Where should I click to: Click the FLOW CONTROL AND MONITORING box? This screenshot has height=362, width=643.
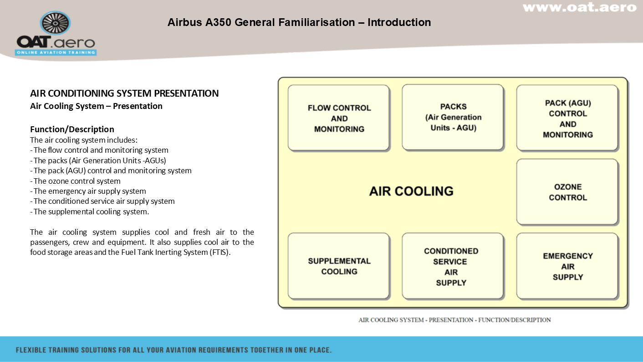[x=339, y=118]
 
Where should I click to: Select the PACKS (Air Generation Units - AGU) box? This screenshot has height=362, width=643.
[x=453, y=117]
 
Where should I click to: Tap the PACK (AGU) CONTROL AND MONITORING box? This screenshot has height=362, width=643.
[x=567, y=118]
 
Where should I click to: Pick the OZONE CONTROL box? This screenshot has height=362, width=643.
[x=567, y=192]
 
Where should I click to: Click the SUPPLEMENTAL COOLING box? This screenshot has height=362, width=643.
[x=339, y=266]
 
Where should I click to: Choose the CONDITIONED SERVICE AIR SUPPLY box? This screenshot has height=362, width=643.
[x=453, y=266]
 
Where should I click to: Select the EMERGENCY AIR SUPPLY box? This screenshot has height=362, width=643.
[x=567, y=266]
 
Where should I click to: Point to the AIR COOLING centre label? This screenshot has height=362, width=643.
[x=411, y=191]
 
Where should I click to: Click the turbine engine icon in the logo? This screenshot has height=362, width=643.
[x=56, y=23]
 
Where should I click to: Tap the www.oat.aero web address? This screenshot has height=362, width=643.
[x=580, y=7]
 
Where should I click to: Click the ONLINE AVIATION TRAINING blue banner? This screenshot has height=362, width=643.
[x=56, y=52]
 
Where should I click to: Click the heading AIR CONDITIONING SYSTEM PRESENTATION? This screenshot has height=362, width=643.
[x=124, y=93]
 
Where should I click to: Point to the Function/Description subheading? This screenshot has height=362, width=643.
[x=72, y=129]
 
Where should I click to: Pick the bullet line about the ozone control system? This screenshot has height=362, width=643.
[x=75, y=181]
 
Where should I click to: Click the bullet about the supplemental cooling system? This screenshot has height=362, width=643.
[x=90, y=212]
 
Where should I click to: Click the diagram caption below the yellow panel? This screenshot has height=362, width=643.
[x=454, y=320]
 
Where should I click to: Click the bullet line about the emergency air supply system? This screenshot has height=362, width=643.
[x=88, y=191]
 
